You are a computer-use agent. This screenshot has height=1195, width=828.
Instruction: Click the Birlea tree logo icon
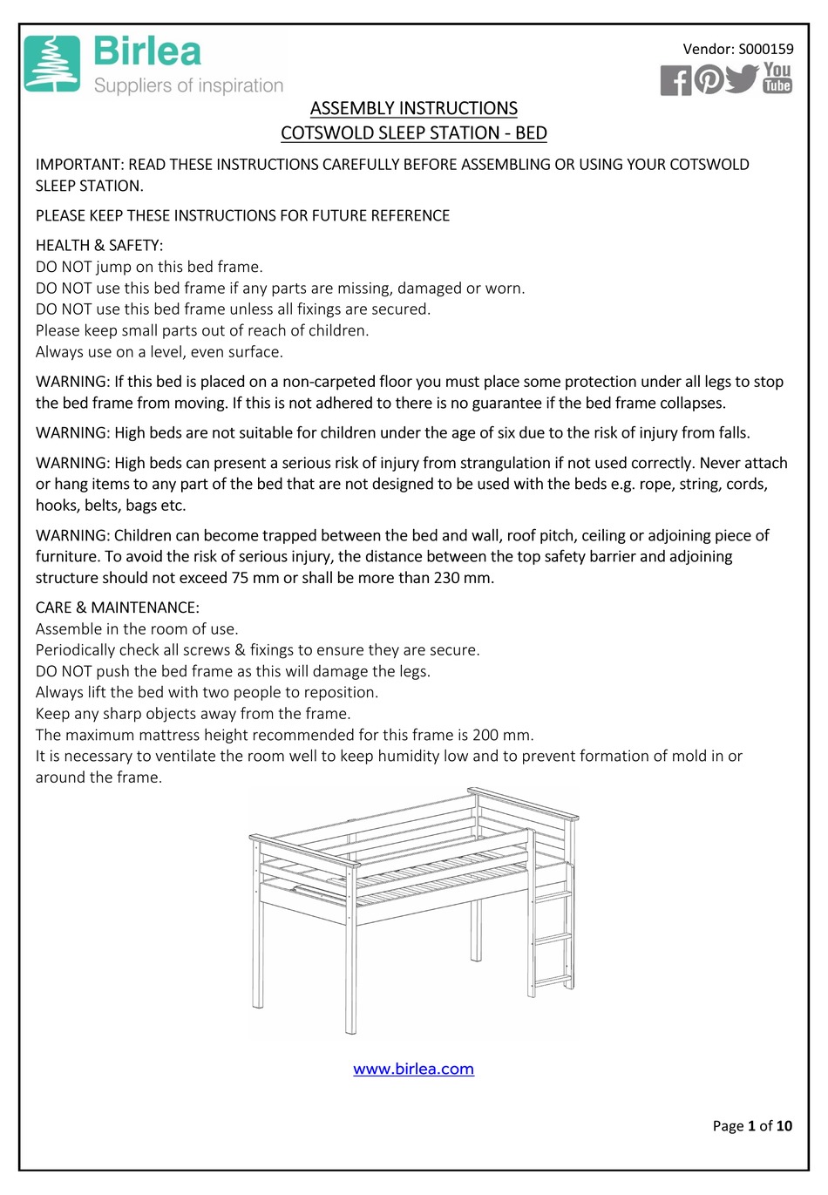pos(52,64)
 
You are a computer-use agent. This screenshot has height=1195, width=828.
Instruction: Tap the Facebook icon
pos(675,80)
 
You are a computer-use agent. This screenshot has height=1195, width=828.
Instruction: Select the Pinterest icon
pos(709,79)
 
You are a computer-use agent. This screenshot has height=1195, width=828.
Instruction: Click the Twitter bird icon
pos(742,78)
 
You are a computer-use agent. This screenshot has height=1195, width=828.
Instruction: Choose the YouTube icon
pos(777,78)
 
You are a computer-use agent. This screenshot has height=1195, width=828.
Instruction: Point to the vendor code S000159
pos(766,49)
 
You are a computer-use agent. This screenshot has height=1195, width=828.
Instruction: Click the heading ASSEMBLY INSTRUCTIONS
pos(414,108)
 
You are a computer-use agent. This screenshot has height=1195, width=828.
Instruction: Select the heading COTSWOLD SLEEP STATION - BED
pos(414,133)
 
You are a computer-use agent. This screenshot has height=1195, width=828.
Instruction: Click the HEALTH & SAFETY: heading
pos(99,246)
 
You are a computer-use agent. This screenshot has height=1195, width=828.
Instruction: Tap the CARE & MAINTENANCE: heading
pos(118,608)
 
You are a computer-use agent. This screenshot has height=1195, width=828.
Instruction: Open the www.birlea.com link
pos(413,1069)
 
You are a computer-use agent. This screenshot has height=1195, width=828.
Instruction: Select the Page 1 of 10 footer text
pos(752,1125)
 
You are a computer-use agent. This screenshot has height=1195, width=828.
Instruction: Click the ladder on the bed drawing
pos(553,937)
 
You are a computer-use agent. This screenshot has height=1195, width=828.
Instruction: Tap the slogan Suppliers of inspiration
pos(188,85)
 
